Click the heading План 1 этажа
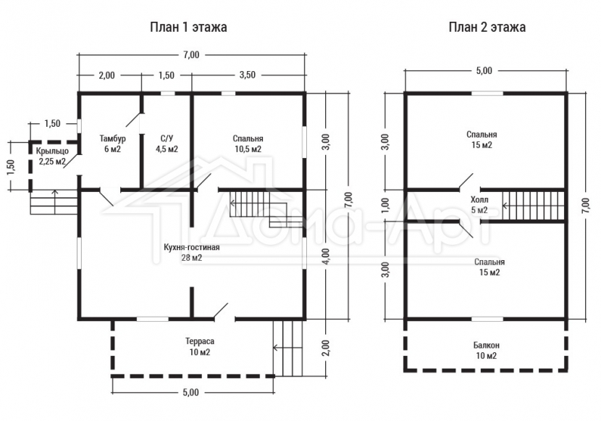point(188,28)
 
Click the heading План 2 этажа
point(487,28)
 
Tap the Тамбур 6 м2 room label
point(113,143)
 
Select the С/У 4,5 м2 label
point(167,143)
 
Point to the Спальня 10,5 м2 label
point(248,143)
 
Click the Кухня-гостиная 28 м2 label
point(192,252)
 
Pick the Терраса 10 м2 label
point(200,346)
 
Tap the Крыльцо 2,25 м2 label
point(53,156)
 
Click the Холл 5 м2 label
point(479,205)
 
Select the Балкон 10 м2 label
point(487,351)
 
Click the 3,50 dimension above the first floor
point(247,75)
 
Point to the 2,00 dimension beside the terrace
point(325,348)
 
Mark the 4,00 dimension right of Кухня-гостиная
point(325,256)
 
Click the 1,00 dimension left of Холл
point(386,205)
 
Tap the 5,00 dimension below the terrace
point(191,392)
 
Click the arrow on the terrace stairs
point(288,348)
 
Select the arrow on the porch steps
point(55,202)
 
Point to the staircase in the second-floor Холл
point(534,205)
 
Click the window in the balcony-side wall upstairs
point(487,319)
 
